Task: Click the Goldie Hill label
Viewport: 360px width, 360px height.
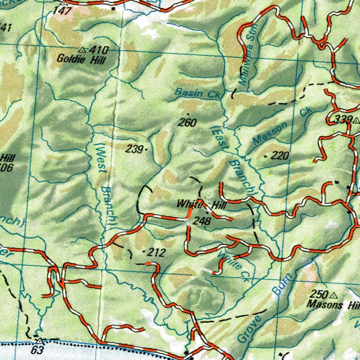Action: (x=81, y=59)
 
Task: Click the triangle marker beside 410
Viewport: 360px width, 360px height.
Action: (x=83, y=50)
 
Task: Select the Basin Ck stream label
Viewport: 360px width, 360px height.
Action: (x=197, y=93)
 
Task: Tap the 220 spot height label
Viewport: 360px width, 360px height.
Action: (x=280, y=156)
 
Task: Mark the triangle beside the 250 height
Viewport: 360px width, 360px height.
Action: (x=334, y=295)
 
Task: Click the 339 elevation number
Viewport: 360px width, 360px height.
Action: (x=343, y=120)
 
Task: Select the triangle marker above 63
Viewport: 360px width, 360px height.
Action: (x=40, y=340)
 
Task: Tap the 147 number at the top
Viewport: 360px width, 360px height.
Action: (x=62, y=10)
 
